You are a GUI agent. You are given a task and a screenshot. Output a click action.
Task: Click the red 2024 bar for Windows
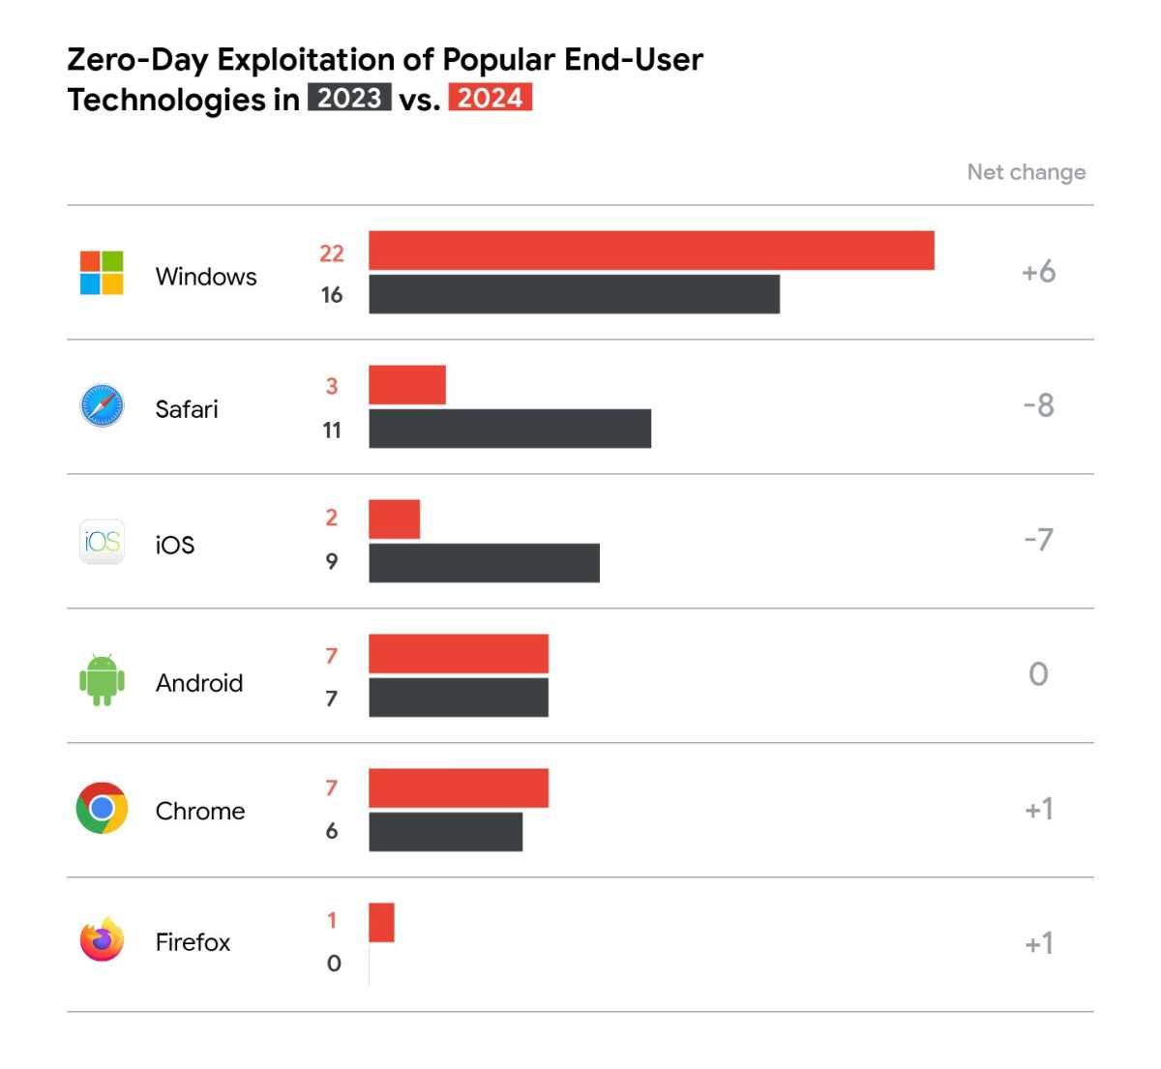point(651,251)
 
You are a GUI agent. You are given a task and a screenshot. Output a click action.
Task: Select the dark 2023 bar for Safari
point(510,429)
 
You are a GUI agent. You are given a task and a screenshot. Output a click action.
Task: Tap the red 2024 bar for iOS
point(394,520)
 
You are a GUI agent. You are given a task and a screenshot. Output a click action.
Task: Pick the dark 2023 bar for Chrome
point(445,832)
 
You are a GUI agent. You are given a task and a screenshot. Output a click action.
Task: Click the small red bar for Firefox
point(381,922)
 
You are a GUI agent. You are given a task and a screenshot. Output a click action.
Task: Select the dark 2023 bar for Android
point(459,698)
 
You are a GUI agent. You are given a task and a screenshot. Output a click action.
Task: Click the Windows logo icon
point(102,273)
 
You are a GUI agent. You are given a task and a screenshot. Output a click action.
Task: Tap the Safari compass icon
point(102,406)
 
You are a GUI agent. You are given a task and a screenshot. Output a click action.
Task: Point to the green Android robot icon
point(102,679)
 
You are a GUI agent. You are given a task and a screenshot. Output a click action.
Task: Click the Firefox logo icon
point(102,939)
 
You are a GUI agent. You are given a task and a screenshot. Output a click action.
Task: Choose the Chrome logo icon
point(102,809)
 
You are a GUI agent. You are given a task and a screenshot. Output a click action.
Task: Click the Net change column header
point(1026,172)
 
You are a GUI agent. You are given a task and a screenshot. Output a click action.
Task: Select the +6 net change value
point(1038,272)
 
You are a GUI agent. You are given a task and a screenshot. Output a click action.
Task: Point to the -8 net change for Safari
point(1038,405)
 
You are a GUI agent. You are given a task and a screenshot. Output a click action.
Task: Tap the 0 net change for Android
point(1038,674)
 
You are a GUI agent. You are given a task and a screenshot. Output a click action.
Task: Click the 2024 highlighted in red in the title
point(490,98)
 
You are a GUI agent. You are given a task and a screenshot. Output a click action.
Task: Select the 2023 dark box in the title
point(349,98)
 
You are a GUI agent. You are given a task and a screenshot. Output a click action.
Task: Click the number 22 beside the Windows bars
point(332,253)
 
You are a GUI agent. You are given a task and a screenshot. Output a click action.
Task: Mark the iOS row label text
point(175,545)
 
